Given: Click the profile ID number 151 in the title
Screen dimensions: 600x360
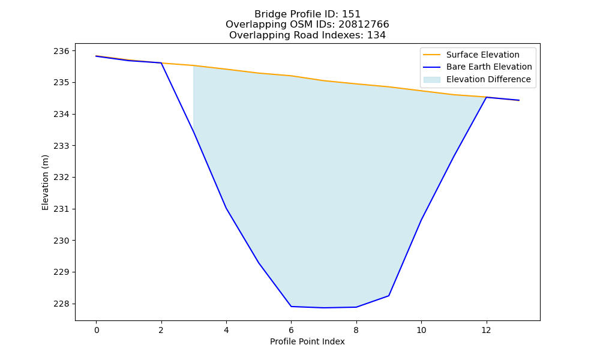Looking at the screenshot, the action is pyautogui.click(x=351, y=14).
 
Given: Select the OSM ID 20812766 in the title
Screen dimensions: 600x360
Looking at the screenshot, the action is pyautogui.click(x=364, y=25).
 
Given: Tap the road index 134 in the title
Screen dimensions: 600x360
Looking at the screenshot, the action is pyautogui.click(x=376, y=35).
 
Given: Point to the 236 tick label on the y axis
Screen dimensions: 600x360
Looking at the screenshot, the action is pyautogui.click(x=62, y=51).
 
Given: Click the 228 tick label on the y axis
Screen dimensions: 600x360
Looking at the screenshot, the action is pyautogui.click(x=62, y=304).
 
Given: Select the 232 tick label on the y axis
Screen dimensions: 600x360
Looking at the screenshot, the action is pyautogui.click(x=62, y=178).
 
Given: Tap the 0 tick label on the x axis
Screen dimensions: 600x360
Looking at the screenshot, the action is pyautogui.click(x=97, y=330).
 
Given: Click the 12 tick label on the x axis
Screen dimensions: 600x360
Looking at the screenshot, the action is pyautogui.click(x=486, y=330).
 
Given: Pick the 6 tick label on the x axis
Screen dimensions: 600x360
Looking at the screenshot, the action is pyautogui.click(x=291, y=330).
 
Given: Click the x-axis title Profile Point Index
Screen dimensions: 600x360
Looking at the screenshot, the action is pyautogui.click(x=307, y=341).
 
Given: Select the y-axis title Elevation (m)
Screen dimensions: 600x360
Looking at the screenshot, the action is pyautogui.click(x=45, y=182).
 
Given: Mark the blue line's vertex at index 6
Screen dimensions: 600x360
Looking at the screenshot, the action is pyautogui.click(x=291, y=307).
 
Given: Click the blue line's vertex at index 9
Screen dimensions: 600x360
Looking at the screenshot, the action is pyautogui.click(x=389, y=296).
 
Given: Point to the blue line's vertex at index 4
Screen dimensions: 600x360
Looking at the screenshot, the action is pyautogui.click(x=226, y=208).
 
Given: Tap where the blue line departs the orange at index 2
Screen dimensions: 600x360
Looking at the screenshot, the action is pyautogui.click(x=161, y=63).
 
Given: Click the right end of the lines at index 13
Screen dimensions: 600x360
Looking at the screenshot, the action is pyautogui.click(x=519, y=100).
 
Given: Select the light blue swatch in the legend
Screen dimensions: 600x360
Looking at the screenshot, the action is pyautogui.click(x=431, y=80).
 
